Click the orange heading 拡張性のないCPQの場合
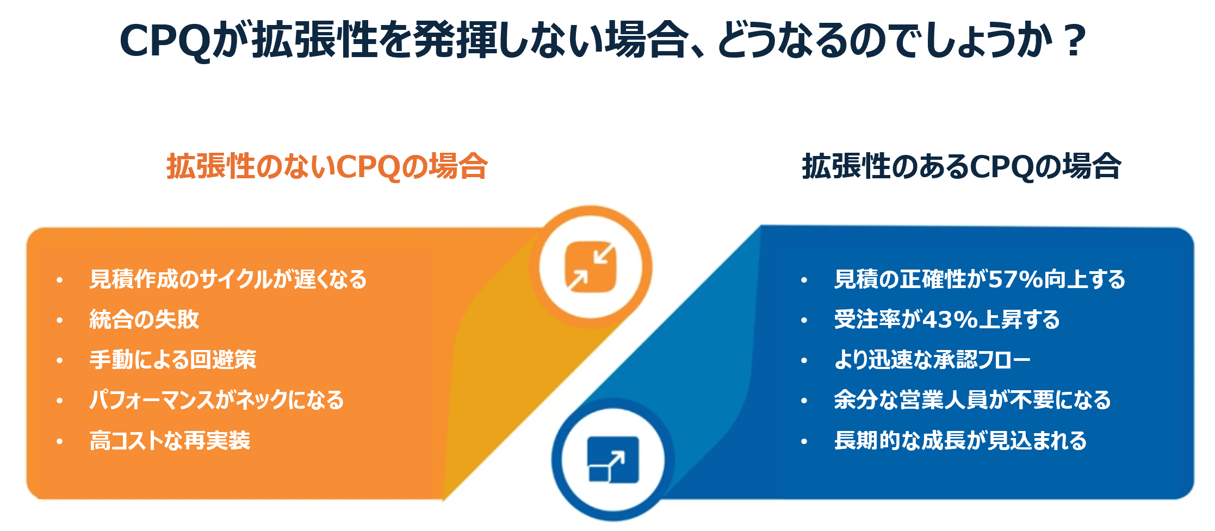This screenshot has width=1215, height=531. (327, 166)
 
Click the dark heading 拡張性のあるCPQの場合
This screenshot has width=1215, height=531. (962, 166)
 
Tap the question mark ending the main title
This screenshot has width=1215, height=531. (1074, 40)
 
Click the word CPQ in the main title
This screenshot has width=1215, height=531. (164, 41)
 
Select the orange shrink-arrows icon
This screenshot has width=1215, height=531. (591, 267)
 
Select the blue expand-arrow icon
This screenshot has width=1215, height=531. (613, 459)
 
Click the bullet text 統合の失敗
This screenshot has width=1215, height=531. (144, 320)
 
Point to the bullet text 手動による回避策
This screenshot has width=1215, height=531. (172, 360)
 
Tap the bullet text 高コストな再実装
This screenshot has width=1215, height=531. (170, 440)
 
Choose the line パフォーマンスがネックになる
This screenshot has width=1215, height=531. (216, 400)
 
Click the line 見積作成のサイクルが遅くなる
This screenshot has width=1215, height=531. (228, 279)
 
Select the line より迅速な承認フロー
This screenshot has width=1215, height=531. (932, 360)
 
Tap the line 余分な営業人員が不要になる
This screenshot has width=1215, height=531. (972, 400)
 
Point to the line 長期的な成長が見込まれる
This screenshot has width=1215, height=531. (960, 440)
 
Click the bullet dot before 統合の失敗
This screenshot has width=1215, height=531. (59, 321)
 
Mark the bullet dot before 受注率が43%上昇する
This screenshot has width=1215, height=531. (804, 321)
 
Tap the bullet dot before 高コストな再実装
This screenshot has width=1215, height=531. (59, 441)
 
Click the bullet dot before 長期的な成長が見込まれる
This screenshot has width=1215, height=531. (804, 441)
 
